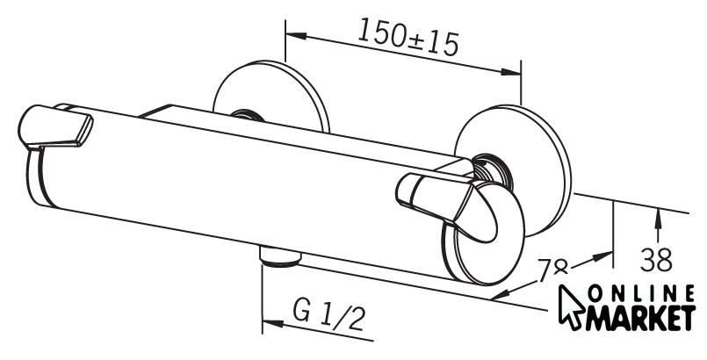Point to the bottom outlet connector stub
[x=280, y=256]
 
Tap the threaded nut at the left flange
[x=248, y=115]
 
